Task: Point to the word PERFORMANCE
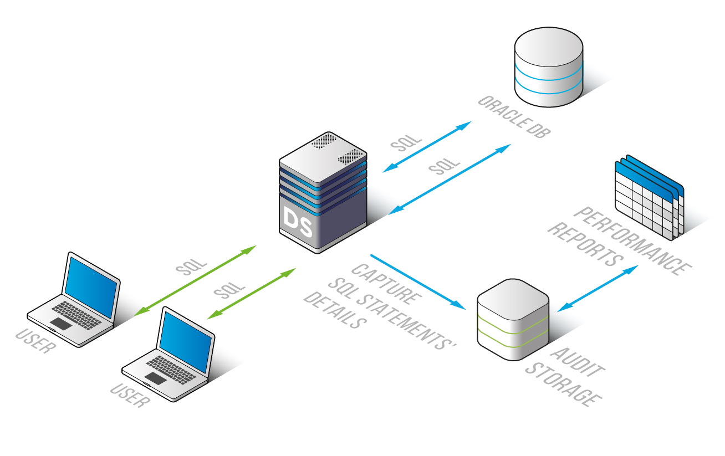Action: coord(632,240)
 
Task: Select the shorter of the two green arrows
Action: coord(252,294)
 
